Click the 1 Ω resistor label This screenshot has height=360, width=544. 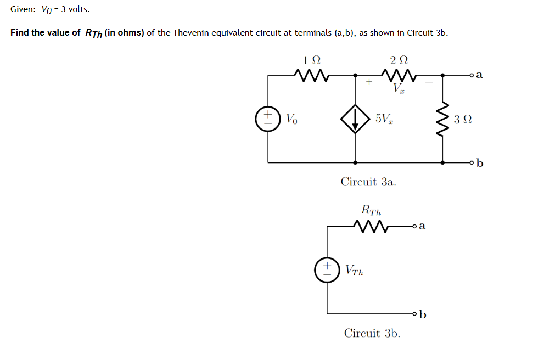pos(312,60)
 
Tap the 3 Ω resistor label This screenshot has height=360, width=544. pos(463,120)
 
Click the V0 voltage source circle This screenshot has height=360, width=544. pos(268,119)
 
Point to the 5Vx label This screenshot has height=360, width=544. pos(383,119)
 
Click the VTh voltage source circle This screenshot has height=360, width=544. pos(327,269)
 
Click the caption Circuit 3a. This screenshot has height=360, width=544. pos(368,181)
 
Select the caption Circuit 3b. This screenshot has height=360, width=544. pos(372,333)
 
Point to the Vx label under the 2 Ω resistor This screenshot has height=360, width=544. pos(399,88)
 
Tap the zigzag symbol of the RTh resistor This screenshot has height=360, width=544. pos(371,225)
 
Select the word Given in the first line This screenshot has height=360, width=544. pos(23,10)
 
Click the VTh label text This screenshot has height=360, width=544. pos(355,270)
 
